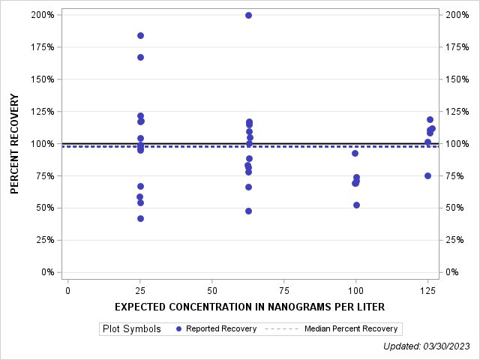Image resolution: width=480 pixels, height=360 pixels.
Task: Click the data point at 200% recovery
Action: coord(248,15)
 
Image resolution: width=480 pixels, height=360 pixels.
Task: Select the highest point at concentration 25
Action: coord(140,35)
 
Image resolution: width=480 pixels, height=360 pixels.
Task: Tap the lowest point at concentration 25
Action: coord(140,218)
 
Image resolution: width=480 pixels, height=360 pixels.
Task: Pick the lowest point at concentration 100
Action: coord(356,205)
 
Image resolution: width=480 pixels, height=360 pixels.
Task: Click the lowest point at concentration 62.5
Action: coord(248,211)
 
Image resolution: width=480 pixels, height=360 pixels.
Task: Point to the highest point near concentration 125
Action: coord(430,119)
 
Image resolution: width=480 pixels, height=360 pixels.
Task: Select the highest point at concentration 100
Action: coord(355,153)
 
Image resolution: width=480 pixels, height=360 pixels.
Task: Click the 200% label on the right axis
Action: coord(457,15)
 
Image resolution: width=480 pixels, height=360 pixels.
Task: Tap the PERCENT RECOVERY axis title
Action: coord(15,144)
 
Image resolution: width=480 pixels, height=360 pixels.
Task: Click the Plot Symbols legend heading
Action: coord(131,328)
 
